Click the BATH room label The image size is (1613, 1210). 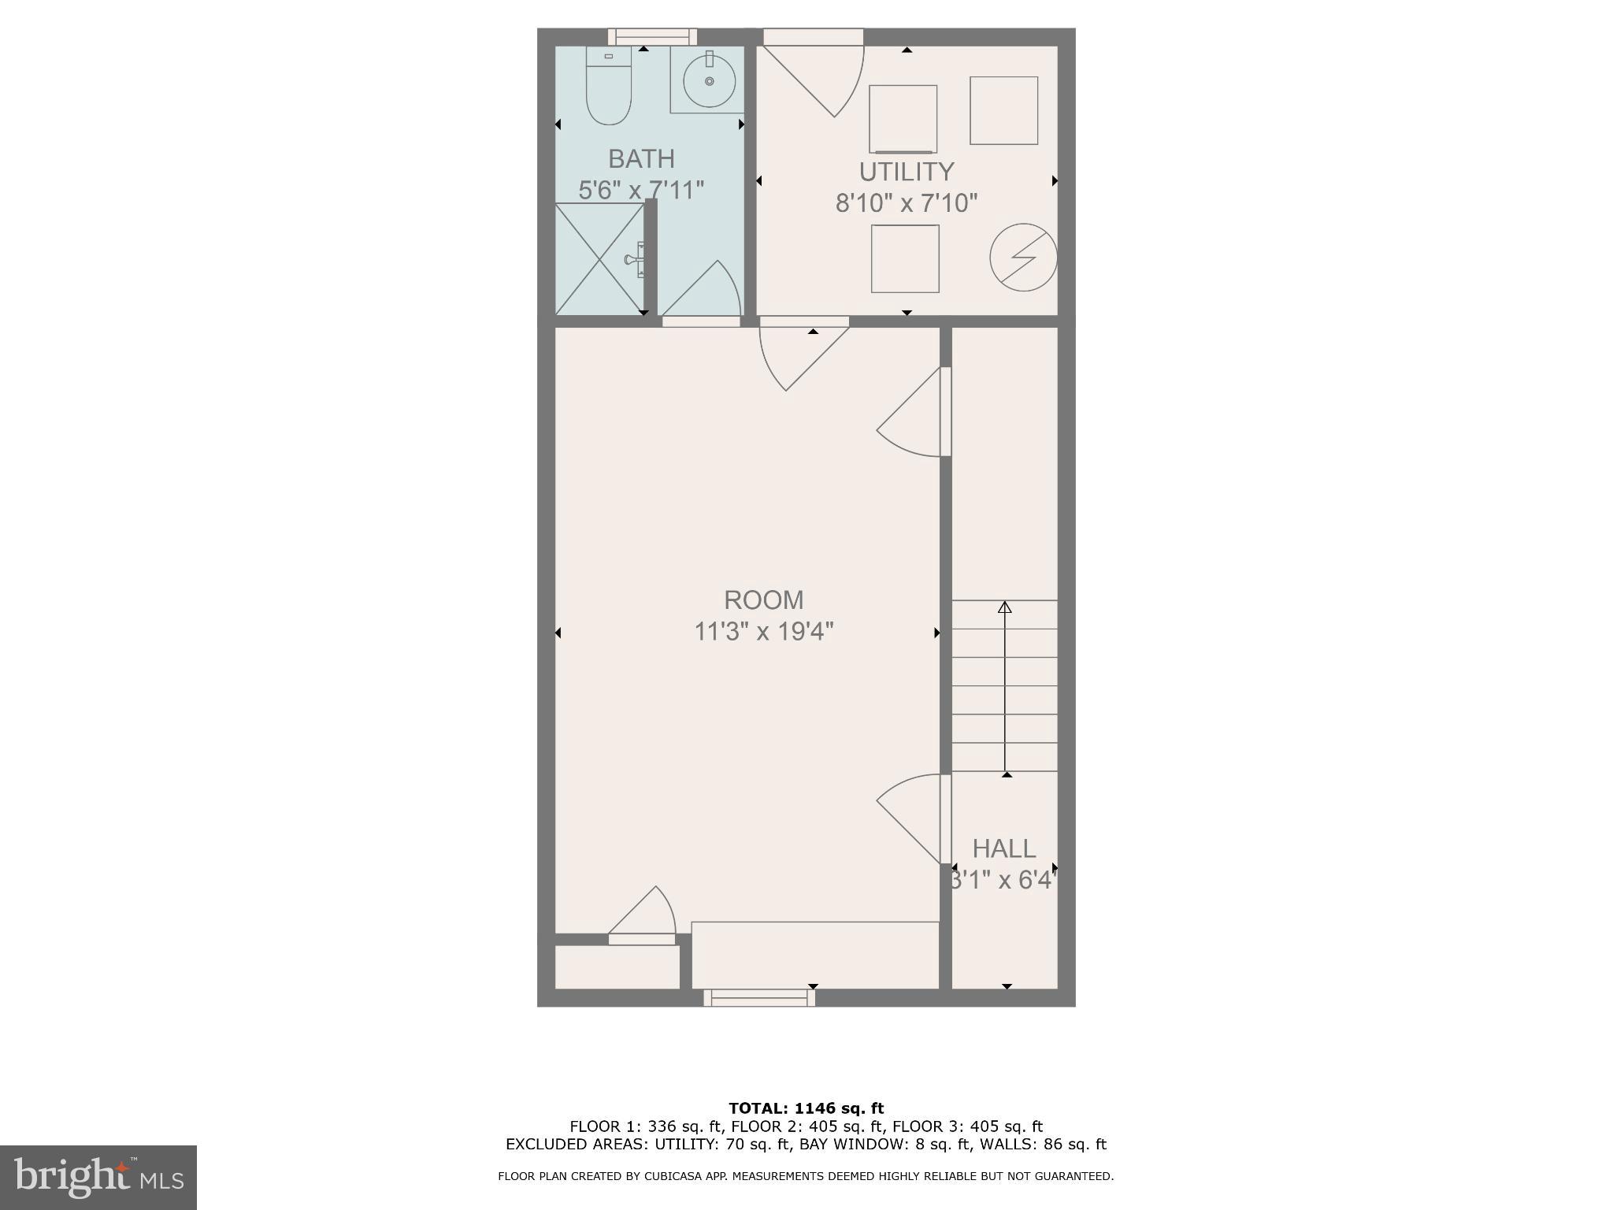coord(641,158)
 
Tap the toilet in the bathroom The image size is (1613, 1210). coord(609,88)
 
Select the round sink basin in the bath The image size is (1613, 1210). coord(709,81)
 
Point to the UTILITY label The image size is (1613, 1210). coord(906,171)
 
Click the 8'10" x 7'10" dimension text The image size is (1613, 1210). coord(906,203)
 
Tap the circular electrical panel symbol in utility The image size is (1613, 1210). coord(1023,257)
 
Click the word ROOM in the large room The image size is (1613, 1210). coord(763,599)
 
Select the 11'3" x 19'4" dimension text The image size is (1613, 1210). coord(763,632)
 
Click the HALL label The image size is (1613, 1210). coord(1003,848)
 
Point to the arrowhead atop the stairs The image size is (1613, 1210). coord(1004,607)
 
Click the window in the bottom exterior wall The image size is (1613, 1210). coord(759,997)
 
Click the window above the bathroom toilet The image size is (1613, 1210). coord(652,36)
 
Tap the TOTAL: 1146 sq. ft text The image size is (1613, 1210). coord(806,1108)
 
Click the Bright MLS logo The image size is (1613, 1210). coord(98,1177)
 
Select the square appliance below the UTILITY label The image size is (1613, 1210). coord(905,258)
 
